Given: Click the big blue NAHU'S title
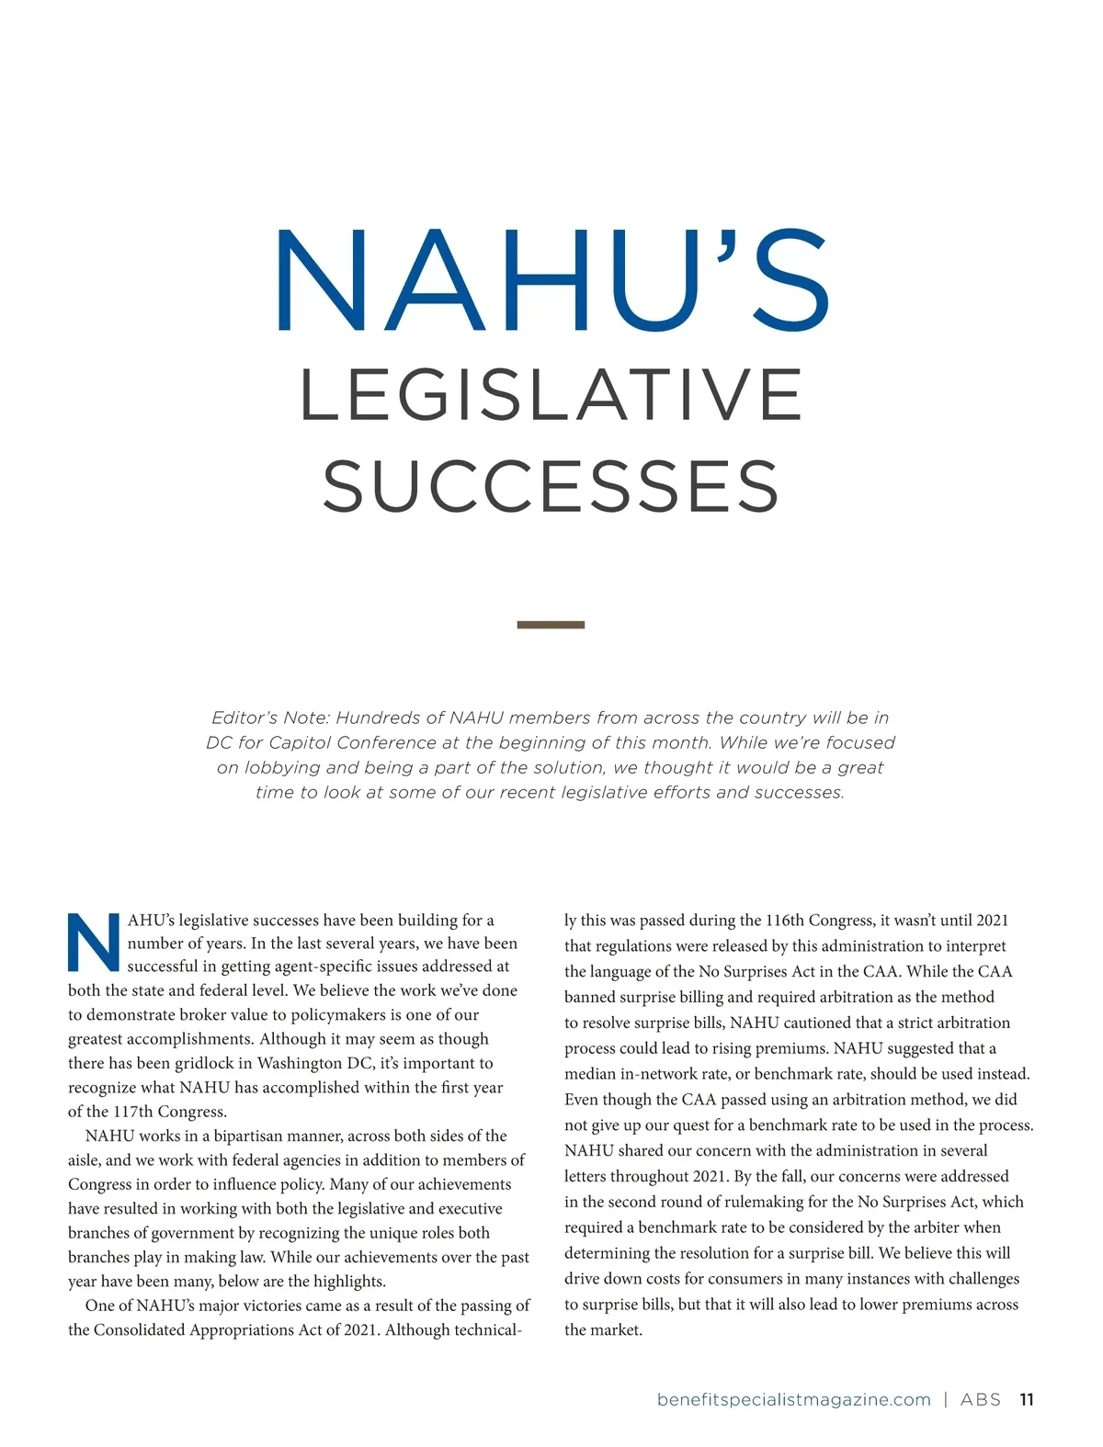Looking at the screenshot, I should tap(551, 280).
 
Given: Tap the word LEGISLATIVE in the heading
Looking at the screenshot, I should tap(551, 395).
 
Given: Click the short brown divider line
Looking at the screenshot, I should tap(551, 625).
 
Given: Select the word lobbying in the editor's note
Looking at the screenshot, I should tap(279, 767).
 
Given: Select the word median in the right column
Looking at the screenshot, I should tap(589, 1074).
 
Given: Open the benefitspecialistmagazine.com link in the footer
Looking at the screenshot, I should tap(793, 1399).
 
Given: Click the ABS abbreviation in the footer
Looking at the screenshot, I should tap(980, 1399).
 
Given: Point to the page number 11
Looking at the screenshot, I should tap(1027, 1399).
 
